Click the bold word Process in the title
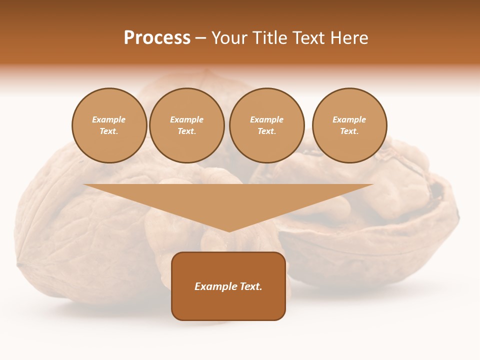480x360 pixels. tap(157, 38)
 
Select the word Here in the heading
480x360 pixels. tap(348, 38)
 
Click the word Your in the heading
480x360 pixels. tap(230, 38)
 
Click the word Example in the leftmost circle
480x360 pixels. tap(109, 120)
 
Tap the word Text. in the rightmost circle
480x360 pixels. tap(349, 131)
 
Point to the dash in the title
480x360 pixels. tap(200, 38)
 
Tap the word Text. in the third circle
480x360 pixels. tap(266, 131)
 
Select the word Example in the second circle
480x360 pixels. tap(186, 120)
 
